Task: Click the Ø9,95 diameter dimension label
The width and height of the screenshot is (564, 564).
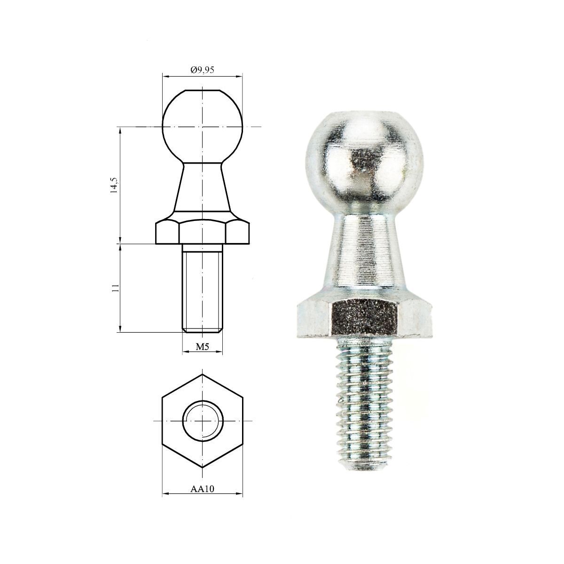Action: click(x=203, y=70)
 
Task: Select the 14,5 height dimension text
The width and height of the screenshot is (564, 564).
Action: click(x=114, y=185)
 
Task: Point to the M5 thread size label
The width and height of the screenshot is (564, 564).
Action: click(x=202, y=347)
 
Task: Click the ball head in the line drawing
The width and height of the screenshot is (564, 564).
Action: click(x=203, y=126)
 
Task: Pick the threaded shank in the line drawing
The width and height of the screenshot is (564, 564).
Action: click(x=203, y=288)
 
